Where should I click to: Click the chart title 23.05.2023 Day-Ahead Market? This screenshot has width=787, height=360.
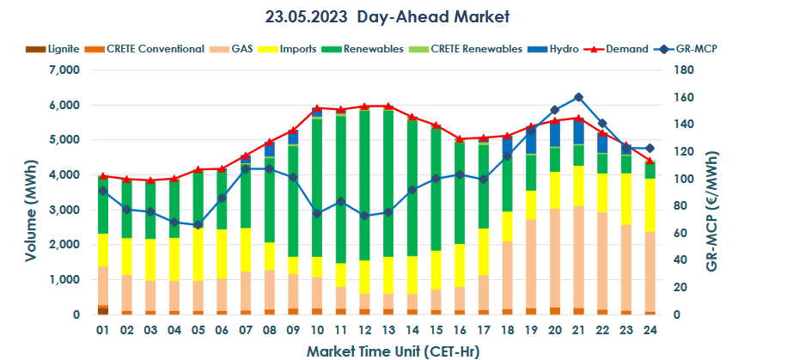point(393,16)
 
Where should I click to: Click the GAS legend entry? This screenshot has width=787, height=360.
point(241,49)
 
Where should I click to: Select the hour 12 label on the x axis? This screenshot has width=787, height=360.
point(364,330)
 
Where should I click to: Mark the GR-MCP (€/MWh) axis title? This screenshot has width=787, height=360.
point(761,192)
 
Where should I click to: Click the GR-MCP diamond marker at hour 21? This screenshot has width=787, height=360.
point(578,97)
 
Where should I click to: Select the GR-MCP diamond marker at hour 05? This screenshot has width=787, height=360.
point(198,225)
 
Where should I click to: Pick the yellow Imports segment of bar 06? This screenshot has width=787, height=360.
point(222,254)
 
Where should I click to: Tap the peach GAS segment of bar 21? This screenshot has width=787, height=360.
point(578,257)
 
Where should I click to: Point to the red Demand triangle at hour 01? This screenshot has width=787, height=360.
point(103,175)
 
